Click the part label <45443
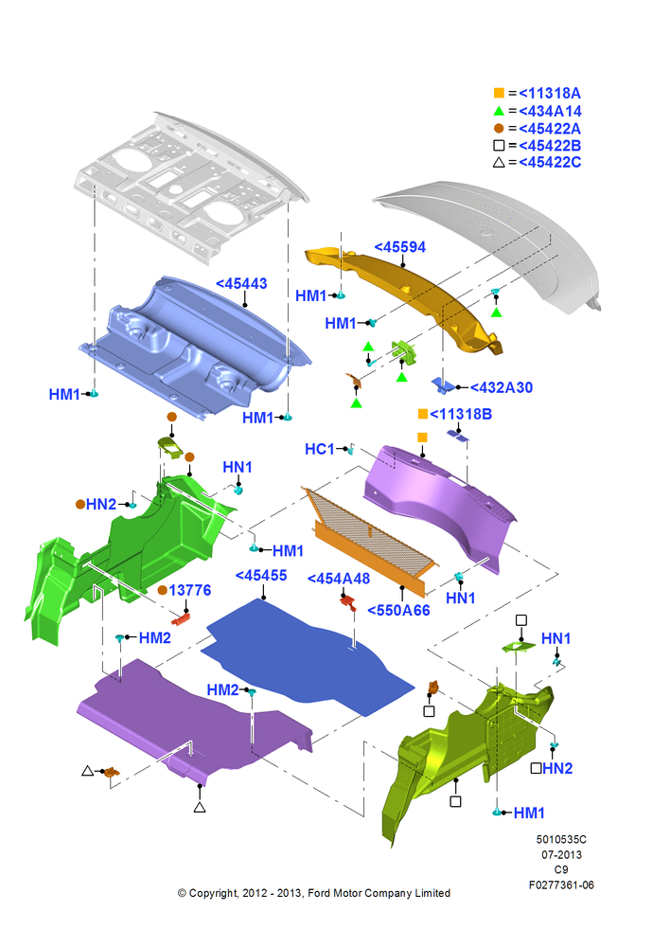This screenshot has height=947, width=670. (x=241, y=283)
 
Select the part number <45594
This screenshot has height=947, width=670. (x=399, y=247)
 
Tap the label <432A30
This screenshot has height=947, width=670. (x=501, y=387)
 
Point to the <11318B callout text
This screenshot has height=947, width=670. (x=461, y=414)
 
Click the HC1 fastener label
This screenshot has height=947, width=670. (x=319, y=449)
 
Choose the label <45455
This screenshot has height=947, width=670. (x=261, y=575)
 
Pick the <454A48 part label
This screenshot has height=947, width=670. (x=339, y=579)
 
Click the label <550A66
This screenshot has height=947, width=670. (x=399, y=610)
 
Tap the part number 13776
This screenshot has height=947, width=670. (x=190, y=590)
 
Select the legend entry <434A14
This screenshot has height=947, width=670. (x=550, y=111)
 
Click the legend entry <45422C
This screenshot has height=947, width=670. (x=550, y=162)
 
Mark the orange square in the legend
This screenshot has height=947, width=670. (x=499, y=93)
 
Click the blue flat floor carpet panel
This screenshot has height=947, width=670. (x=307, y=656)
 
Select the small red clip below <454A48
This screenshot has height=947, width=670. (x=347, y=602)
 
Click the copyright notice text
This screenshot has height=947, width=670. (x=314, y=893)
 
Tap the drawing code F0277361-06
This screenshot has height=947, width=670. (x=561, y=884)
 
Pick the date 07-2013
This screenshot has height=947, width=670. (x=561, y=854)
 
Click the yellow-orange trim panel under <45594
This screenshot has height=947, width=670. (x=404, y=297)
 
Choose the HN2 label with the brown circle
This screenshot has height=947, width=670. (x=101, y=504)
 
